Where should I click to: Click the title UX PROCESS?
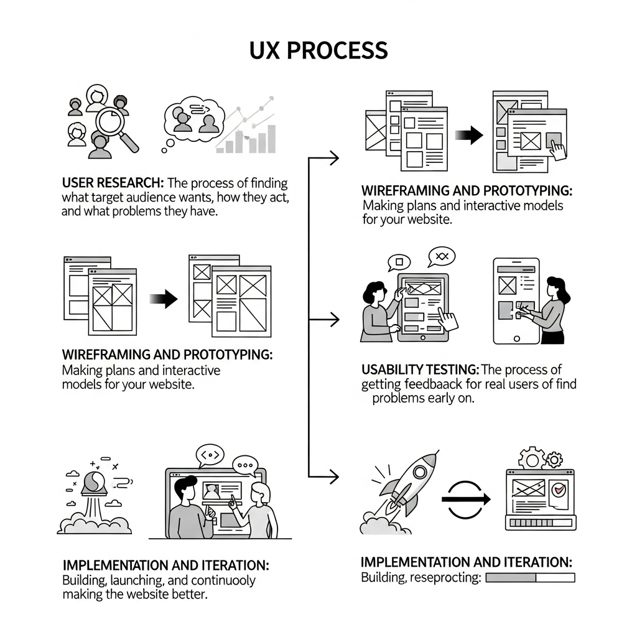point(318,50)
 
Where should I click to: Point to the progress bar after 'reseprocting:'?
point(530,578)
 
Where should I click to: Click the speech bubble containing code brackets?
point(210,455)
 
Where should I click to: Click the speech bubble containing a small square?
point(399,262)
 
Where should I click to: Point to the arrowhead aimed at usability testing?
point(334,320)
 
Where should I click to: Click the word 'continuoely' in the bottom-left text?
point(223,580)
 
